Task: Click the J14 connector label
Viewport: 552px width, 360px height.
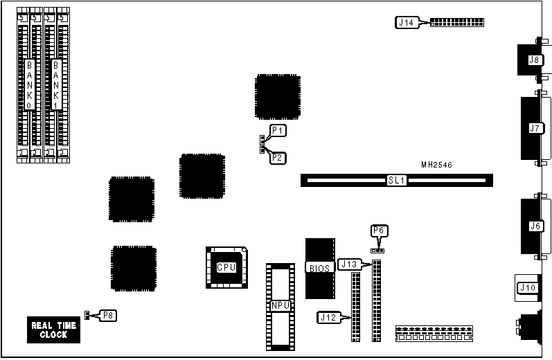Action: [x=407, y=22]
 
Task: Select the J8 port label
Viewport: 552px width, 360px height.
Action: [x=534, y=60]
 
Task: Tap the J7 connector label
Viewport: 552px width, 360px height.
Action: [x=534, y=128]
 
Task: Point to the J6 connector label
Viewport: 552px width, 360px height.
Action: [x=534, y=226]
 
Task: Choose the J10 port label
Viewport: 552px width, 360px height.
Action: [x=527, y=288]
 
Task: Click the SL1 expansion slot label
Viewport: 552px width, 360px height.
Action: [x=396, y=180]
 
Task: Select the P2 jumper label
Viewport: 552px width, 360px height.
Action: [x=278, y=157]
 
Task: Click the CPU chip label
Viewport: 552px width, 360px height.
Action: [x=226, y=267]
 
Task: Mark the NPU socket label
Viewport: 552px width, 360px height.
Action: [x=280, y=305]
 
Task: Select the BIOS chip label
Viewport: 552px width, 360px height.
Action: [x=319, y=267]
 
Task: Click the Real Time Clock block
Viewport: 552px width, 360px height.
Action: [x=53, y=330]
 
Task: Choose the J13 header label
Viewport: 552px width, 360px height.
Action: [x=349, y=264]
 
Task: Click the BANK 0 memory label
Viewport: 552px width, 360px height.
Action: [x=29, y=85]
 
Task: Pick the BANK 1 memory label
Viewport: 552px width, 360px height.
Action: [x=57, y=85]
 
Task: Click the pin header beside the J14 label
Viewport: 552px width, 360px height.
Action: [x=457, y=22]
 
